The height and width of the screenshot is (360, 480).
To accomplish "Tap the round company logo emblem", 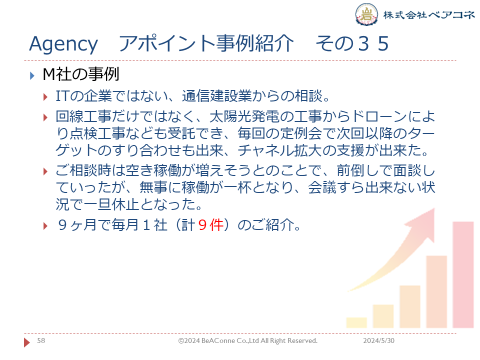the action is [366, 14].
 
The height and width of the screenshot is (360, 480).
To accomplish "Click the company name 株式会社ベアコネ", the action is [429, 14].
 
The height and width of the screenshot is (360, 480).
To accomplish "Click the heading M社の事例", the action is [81, 74].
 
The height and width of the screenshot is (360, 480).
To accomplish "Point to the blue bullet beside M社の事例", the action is [32, 75].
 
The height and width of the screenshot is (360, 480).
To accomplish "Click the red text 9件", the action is [210, 225].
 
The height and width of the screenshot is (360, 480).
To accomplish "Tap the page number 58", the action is [41, 340].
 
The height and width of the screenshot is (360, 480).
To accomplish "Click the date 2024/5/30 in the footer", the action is [378, 340].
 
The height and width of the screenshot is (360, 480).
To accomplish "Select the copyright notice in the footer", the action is [247, 340].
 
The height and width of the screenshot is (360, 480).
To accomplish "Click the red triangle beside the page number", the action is [27, 342].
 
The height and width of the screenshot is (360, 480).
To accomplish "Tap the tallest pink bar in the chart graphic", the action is [463, 274].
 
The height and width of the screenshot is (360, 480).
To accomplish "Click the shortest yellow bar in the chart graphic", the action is [356, 322].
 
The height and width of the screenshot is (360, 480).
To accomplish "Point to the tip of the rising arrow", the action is [434, 208].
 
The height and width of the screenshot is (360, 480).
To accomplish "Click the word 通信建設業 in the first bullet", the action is [216, 96].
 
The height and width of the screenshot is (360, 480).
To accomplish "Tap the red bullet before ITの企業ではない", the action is [45, 97].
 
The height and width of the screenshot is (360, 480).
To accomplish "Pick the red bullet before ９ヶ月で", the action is [45, 226].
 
